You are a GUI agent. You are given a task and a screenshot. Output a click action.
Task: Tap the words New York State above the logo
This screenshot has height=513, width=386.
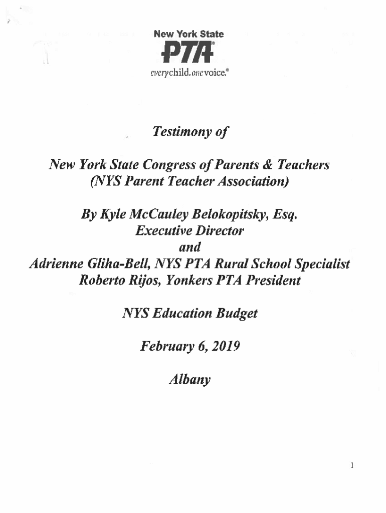(x=188, y=35)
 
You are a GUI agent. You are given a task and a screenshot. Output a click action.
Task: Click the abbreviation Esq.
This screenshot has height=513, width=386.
(x=291, y=215)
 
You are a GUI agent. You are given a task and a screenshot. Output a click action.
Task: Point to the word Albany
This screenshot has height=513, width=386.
(x=190, y=379)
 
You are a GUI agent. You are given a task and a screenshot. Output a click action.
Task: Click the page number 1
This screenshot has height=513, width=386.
(x=353, y=465)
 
